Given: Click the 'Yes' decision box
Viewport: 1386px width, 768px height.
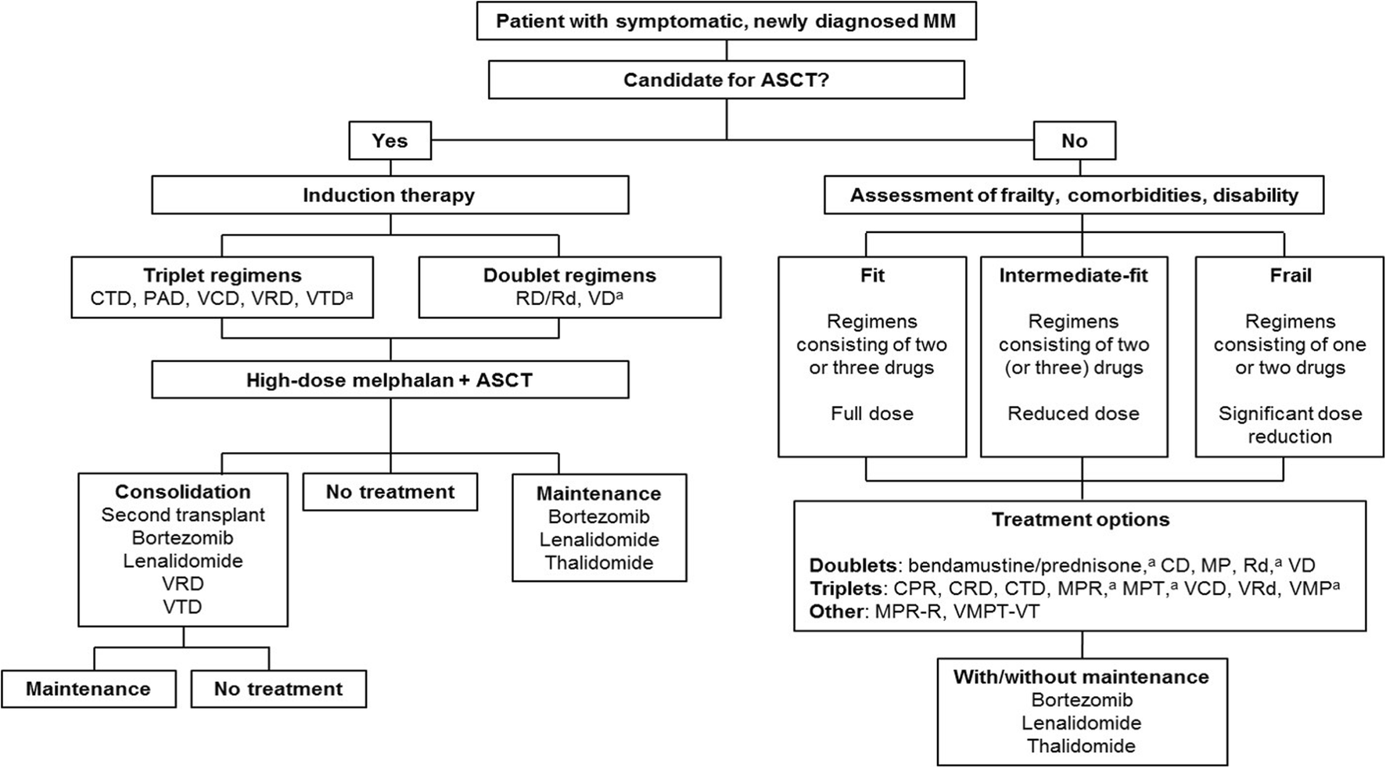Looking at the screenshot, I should (390, 141).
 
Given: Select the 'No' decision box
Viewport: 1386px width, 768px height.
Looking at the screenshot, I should (1074, 141).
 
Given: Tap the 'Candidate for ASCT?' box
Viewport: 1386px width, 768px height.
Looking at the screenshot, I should (726, 80).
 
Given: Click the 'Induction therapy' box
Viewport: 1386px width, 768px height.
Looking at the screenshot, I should (390, 195).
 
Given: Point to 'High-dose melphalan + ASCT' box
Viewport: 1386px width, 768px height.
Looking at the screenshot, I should (390, 380).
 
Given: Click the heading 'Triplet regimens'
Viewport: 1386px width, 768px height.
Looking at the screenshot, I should (222, 275).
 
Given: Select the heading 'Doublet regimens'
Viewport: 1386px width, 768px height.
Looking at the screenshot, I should (569, 275).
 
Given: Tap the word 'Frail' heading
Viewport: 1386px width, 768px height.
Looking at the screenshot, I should (1290, 275).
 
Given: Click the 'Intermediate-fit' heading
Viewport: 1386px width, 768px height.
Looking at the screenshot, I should (1073, 275).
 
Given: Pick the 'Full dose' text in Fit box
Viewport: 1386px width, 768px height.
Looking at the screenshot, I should (871, 413).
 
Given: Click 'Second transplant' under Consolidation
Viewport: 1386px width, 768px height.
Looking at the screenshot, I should (183, 515).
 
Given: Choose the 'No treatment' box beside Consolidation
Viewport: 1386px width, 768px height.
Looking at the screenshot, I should (390, 492).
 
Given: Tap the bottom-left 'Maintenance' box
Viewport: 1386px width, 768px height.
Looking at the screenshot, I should (88, 689).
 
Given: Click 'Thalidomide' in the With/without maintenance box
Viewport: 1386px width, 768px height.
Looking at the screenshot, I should (1081, 745).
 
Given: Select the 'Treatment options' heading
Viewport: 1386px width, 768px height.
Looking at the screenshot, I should (1080, 519).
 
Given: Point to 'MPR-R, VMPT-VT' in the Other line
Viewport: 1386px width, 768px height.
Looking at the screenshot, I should (957, 612).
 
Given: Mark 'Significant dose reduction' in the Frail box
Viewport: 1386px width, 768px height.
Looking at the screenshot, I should (1290, 425).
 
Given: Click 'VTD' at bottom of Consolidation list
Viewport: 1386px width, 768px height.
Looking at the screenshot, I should (183, 606).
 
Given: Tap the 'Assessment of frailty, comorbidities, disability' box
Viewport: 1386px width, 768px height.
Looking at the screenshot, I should (1074, 195).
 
